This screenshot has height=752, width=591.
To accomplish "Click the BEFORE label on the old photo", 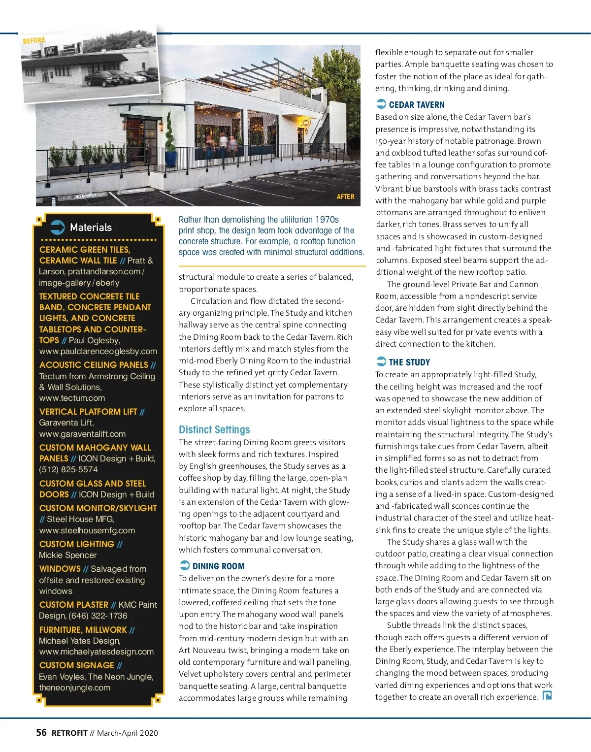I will pos(34,40).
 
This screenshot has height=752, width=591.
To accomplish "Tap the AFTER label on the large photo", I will pos(345,196).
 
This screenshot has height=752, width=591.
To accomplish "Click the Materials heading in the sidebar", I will pos(91,228).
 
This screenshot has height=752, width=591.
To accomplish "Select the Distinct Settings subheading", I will pos(214,429).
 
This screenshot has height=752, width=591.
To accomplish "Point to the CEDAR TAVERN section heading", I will pos(416,105).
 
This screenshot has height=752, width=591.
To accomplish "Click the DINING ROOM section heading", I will pos(218,566).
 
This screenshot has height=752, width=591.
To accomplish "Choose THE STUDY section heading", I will pos(409,362).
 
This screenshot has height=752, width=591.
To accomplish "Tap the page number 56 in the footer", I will pos(41,733).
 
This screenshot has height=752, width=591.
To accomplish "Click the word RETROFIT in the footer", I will pos(69,733).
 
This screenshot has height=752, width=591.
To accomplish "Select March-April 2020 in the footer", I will pos(128,733).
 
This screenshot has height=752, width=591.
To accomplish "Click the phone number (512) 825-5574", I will pos(68,470).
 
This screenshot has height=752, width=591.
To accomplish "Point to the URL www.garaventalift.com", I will pos(82,434).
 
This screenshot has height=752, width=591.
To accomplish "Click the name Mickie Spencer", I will pos(68,555).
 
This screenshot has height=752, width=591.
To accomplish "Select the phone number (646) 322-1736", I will pos(98,616).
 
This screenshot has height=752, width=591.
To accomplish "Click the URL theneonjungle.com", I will pos(75,687).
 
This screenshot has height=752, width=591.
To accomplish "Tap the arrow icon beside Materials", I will pos(58,227).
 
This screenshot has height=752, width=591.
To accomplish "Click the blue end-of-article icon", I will pos(547,696).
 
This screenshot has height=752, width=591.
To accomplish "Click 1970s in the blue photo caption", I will pos(327,220).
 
